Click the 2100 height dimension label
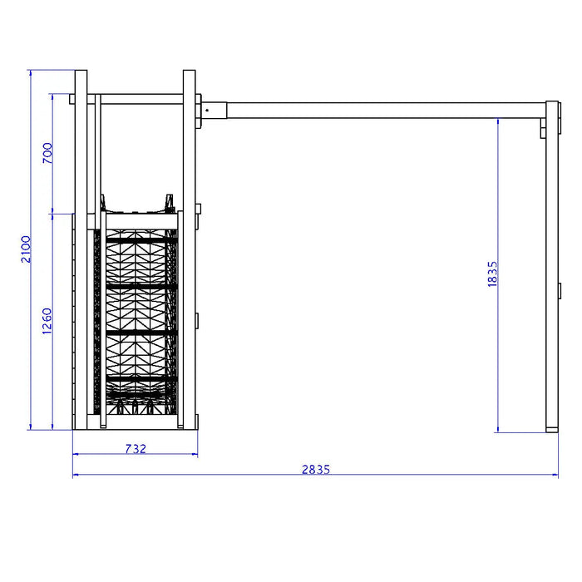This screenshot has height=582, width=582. point(26,249)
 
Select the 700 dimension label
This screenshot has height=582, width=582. point(47,153)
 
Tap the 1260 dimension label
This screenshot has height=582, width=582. point(47,321)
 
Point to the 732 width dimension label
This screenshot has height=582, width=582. point(136,449)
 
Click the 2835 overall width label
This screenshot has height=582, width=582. point(315,470)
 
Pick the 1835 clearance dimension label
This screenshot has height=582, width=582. point(492,274)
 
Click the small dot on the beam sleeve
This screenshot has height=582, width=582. point(207,111)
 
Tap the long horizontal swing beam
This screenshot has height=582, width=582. point(386,111)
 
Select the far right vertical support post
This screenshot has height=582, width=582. point(552,267)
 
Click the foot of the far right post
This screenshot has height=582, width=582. point(552,430)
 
